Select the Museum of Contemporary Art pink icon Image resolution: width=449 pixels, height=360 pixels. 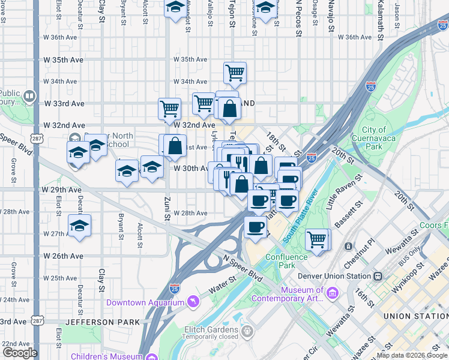[333, 292]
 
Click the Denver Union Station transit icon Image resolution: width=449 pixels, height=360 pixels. [378, 276]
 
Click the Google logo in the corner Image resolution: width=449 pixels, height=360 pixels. [19, 352]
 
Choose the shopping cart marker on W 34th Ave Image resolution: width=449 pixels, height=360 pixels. [235, 73]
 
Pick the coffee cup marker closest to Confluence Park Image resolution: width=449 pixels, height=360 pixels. [256, 227]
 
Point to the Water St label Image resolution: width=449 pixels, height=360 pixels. [223, 281]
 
